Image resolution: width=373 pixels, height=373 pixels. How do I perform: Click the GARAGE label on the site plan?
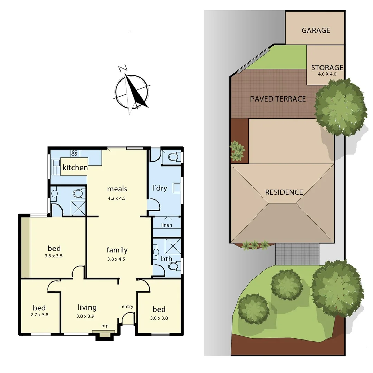[316, 30]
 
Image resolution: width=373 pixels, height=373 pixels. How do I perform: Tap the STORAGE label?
[327, 67]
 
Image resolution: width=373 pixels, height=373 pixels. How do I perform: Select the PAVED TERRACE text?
[278, 99]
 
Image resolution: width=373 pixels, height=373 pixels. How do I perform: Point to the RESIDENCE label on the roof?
[284, 192]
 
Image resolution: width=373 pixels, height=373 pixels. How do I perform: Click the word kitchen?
[75, 168]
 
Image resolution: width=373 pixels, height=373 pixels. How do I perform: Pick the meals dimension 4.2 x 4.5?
[117, 198]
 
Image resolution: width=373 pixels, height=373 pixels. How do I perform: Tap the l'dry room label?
[160, 188]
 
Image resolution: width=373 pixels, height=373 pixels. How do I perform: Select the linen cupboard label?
[166, 225]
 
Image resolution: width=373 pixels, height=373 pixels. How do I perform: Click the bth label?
[166, 259]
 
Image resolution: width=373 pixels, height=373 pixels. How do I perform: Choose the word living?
[87, 307]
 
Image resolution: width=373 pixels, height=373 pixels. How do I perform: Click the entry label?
[127, 306]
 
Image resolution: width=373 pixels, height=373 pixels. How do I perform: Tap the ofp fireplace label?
[105, 326]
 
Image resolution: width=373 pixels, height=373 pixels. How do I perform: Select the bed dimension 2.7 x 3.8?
[39, 315]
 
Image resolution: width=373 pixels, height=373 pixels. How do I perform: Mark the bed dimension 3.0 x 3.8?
[159, 318]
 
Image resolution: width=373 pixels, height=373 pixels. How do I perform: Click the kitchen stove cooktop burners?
[74, 153]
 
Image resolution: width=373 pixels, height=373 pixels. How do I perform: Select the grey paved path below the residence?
[298, 254]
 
